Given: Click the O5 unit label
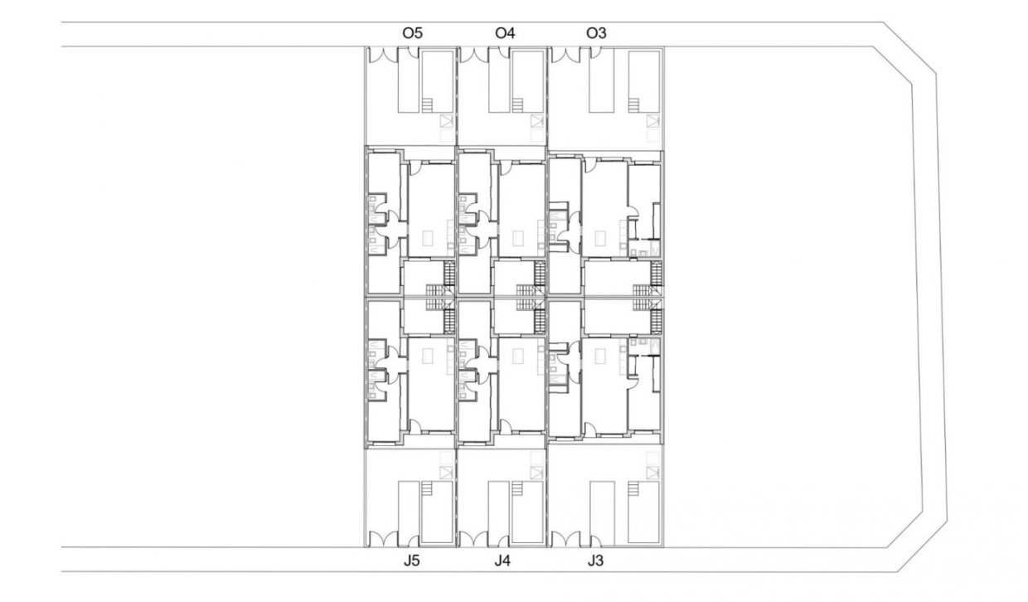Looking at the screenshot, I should [412, 34].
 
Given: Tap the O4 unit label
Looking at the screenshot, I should [504, 34].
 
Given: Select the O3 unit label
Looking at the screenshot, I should [595, 34].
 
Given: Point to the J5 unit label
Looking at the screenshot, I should [411, 561].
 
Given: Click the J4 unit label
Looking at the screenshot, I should [502, 561].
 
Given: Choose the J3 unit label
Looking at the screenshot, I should [595, 561].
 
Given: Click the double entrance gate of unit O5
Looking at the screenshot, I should [382, 54].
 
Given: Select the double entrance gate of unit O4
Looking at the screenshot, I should [474, 54].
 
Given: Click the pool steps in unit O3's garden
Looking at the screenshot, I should [637, 105].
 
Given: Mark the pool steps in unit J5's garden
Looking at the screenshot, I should [427, 490].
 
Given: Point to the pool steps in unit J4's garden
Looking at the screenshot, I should [518, 490].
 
